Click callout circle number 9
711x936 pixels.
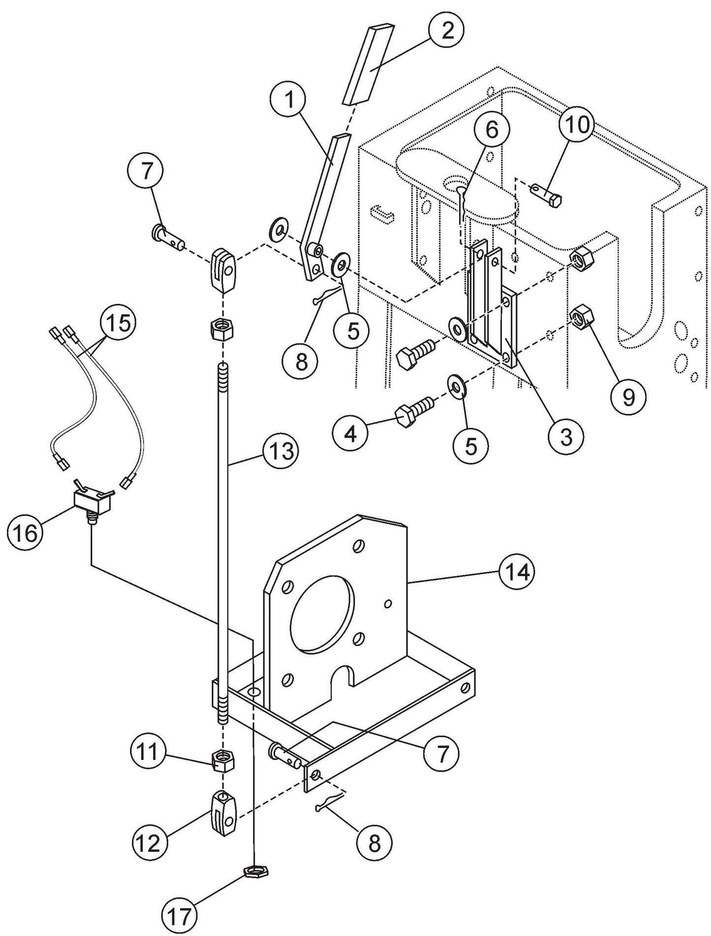(x=629, y=398)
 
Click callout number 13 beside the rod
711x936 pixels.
(x=280, y=452)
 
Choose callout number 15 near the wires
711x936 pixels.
(x=117, y=323)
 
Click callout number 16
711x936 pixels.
(x=25, y=533)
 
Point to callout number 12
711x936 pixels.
(x=149, y=842)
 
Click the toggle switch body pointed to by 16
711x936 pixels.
(x=93, y=501)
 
